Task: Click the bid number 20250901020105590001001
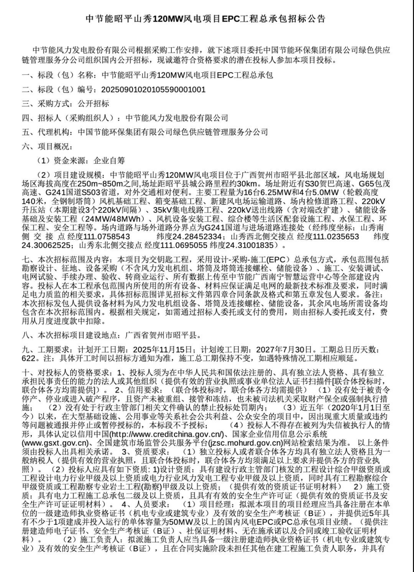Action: pyautogui.click(x=153, y=90)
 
